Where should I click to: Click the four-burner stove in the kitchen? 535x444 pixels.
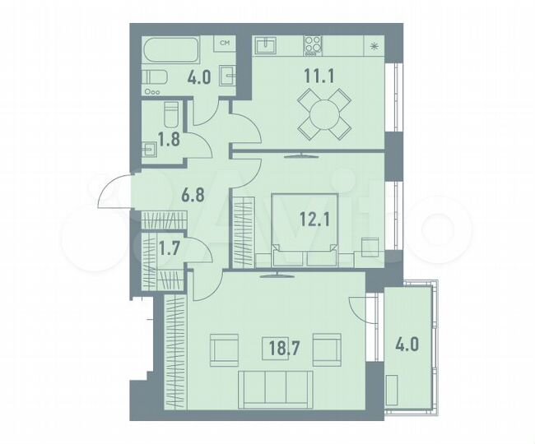[x=314, y=45]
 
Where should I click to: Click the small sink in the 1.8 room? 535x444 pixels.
[x=150, y=150]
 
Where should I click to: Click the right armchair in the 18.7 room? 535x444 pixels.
[x=327, y=349]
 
